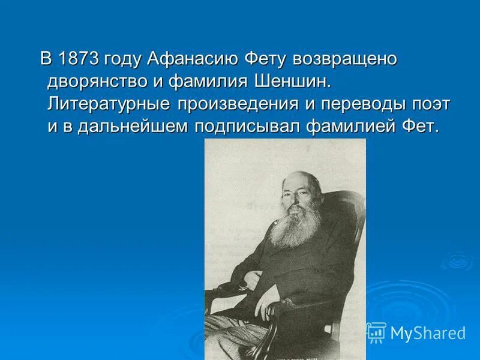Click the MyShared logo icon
pyautogui.click(x=376, y=332)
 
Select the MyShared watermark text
pyautogui.click(x=427, y=333)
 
